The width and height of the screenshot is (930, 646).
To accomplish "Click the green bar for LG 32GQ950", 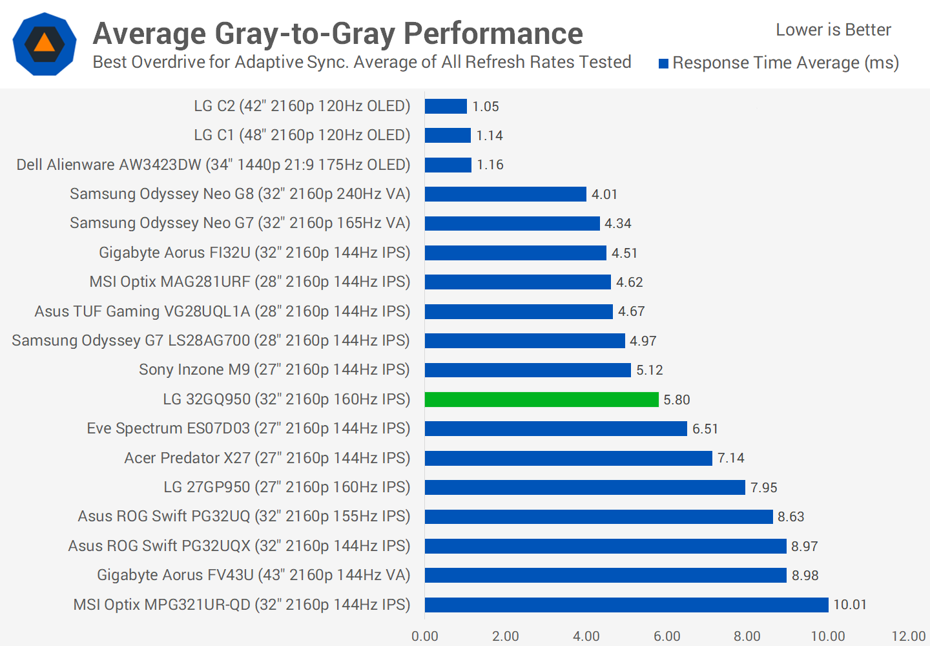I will [541, 399].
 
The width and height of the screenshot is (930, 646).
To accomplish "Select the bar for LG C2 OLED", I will [446, 106].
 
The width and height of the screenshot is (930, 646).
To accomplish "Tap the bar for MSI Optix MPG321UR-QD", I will [626, 605].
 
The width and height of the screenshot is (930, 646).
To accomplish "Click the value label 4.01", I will [604, 194].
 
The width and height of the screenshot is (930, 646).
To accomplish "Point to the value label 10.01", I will [850, 605].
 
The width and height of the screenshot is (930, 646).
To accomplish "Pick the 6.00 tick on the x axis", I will [666, 636].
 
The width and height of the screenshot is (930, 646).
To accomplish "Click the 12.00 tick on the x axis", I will [908, 636].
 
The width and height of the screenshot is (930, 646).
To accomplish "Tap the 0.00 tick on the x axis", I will [425, 636].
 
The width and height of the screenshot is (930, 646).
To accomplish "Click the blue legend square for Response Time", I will [663, 63].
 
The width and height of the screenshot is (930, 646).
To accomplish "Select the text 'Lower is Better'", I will [833, 30].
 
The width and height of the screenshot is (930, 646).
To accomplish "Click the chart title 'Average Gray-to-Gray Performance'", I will [338, 34].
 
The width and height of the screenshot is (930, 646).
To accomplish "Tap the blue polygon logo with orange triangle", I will [45, 44].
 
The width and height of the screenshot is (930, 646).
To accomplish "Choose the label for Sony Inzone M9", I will [274, 370].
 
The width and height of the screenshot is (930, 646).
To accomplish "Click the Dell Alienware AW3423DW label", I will [213, 165].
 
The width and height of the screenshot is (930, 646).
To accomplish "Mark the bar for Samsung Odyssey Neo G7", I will [512, 224].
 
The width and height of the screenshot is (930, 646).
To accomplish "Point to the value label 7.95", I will [763, 488].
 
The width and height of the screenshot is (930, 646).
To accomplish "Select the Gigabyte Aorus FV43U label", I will [253, 575].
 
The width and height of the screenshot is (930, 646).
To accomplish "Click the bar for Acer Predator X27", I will [568, 458].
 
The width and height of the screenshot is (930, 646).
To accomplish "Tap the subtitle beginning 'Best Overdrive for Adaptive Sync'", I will [362, 62].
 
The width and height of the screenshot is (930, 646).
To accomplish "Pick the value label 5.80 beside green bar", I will [677, 400].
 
